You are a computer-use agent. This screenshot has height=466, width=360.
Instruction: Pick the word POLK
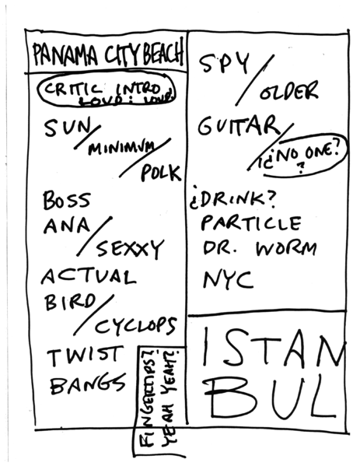159,173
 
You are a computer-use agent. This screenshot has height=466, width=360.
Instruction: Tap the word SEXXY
129,250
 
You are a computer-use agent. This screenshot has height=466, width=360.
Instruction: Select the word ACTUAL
88,277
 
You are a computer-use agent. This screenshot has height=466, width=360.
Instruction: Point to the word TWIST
84,358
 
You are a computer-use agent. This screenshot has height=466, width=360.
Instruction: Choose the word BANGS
87,384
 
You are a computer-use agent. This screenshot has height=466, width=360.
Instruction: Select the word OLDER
289,93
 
